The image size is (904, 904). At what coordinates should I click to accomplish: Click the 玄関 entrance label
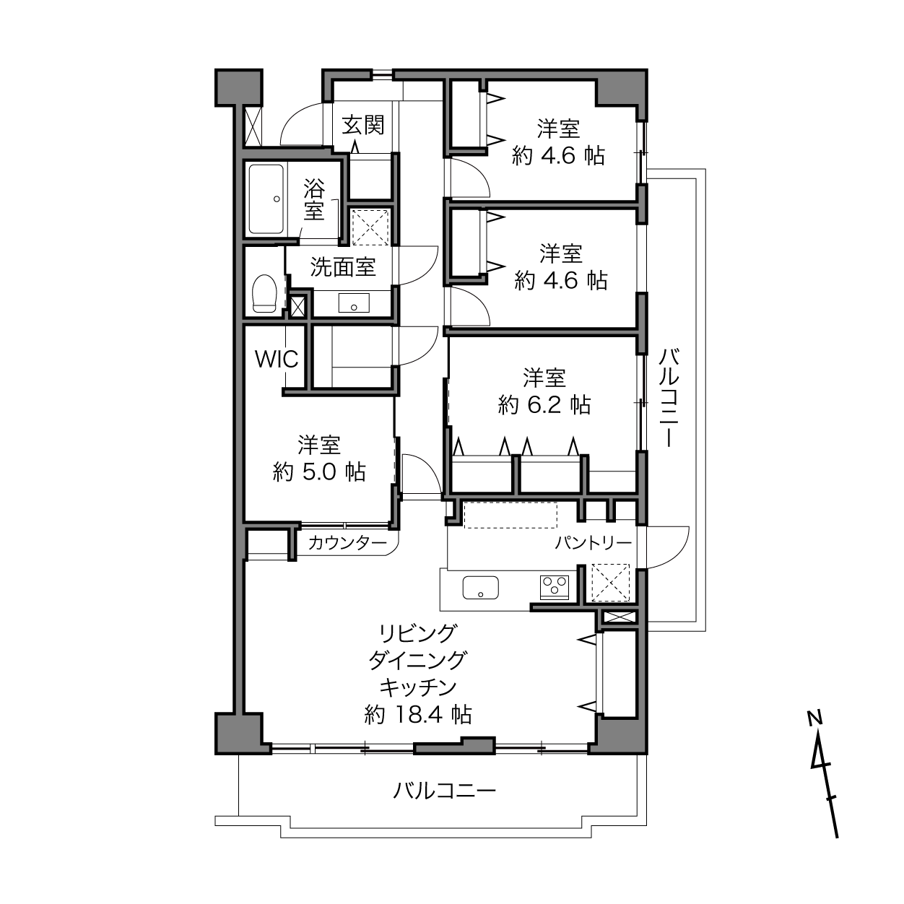(363, 125)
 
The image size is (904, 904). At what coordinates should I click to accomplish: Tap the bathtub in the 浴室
(266, 199)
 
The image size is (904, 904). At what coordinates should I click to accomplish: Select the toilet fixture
(264, 293)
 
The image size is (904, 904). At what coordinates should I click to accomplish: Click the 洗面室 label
(343, 267)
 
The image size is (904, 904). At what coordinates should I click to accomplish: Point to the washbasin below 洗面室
(354, 303)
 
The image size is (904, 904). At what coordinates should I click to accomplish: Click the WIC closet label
(277, 360)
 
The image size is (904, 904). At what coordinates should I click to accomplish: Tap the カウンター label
(347, 543)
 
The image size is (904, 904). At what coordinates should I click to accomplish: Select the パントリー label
(594, 543)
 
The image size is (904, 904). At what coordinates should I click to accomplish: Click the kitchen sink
(480, 587)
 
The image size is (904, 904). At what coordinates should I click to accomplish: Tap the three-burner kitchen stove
(555, 587)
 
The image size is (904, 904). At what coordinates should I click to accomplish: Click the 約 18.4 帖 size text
(418, 715)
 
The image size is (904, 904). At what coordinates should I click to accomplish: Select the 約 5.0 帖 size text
(319, 472)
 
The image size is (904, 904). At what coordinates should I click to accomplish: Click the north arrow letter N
(814, 716)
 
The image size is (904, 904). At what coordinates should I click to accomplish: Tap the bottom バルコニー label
(444, 791)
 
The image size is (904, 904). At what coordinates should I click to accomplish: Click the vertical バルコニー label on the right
(669, 397)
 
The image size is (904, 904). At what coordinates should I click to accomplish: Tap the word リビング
(417, 634)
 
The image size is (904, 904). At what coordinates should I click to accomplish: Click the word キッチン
(417, 687)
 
